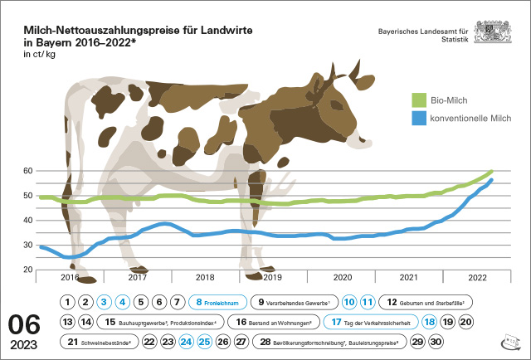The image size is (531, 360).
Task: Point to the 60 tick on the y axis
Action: click(x=27, y=171)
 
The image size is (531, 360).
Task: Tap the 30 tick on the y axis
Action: click(x=27, y=246)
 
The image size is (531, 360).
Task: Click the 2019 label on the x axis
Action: click(x=273, y=277)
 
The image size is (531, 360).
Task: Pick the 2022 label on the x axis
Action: click(x=476, y=277)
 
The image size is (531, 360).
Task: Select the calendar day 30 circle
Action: click(x=436, y=340)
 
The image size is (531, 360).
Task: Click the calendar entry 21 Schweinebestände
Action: click(x=99, y=340)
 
